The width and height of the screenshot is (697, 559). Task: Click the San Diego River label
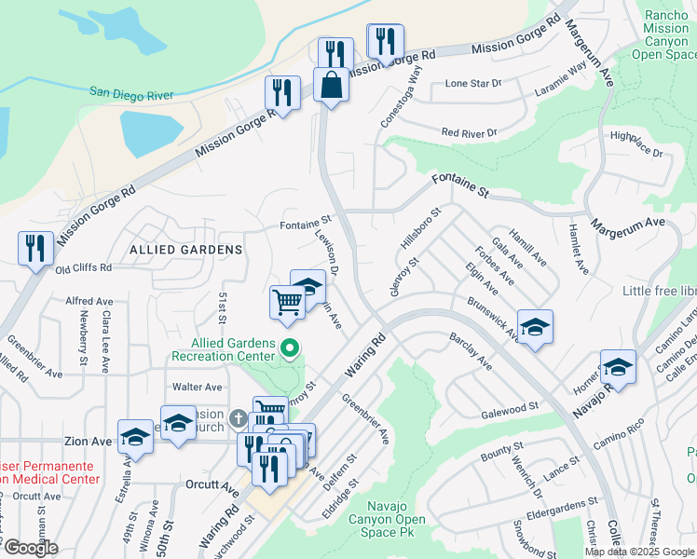[136, 91]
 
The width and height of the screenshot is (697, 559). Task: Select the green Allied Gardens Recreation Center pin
[289, 350]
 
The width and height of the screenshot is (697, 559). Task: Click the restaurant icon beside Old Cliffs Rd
[35, 249]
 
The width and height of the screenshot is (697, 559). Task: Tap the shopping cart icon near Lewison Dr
[287, 302]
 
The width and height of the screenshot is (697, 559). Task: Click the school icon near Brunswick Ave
[535, 328]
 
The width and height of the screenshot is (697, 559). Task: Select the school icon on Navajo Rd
[618, 367]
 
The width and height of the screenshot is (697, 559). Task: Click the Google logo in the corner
[30, 548]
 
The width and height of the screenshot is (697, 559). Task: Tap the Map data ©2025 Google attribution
[638, 552]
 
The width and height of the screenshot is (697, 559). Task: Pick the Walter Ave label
[197, 387]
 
